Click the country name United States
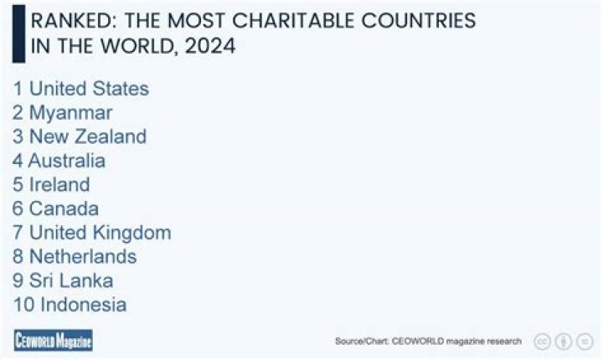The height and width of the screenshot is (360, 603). pyautogui.click(x=89, y=89)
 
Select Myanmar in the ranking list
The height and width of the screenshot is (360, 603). pyautogui.click(x=70, y=112)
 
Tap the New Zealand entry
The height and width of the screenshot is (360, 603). pyautogui.click(x=87, y=136)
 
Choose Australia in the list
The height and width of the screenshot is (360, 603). pyautogui.click(x=66, y=161)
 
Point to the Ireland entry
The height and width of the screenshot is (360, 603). pyautogui.click(x=59, y=184)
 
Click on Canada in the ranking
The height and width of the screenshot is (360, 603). pyautogui.click(x=64, y=208)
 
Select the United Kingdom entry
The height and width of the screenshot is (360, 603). pyautogui.click(x=100, y=233)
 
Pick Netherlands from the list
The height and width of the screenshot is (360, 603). pyautogui.click(x=83, y=256)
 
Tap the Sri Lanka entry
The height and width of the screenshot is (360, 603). pyautogui.click(x=71, y=280)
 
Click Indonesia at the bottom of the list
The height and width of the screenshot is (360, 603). pyautogui.click(x=83, y=305)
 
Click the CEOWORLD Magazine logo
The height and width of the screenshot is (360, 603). pyautogui.click(x=53, y=340)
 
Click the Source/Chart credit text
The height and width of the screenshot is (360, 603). pyautogui.click(x=428, y=341)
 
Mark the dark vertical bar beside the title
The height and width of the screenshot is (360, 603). pyautogui.click(x=18, y=33)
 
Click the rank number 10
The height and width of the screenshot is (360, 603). pyautogui.click(x=23, y=305)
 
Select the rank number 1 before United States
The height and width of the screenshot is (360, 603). pyautogui.click(x=18, y=89)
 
